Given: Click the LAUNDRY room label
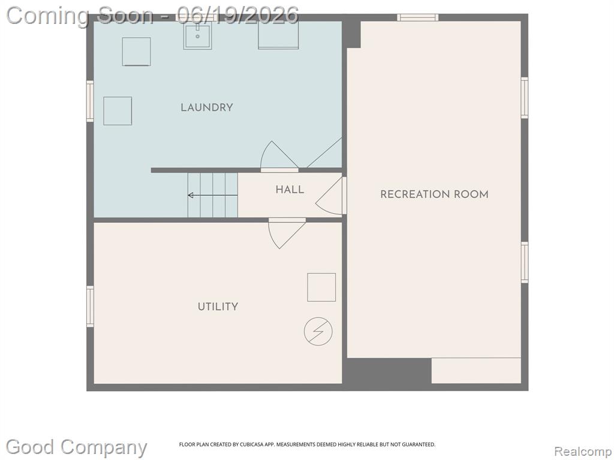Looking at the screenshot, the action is pos(207,108).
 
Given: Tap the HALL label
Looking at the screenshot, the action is pos(290,190).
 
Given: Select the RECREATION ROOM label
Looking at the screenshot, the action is pos(434,195).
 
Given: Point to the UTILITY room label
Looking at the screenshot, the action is pos(218,307).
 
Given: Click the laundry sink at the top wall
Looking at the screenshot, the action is pos(198,35).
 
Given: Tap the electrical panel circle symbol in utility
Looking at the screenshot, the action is pos(318,331).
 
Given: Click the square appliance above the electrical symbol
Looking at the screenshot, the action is pos(321,287).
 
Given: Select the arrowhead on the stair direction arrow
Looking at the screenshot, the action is pos(191,195).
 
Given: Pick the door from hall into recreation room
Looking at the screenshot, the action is pos(331,196).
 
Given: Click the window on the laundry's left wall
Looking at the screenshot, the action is pos(90,101).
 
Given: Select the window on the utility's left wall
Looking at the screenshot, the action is pos(90,306).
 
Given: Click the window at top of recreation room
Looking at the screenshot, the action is pos(418,17).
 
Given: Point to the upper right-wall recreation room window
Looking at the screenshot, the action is pos(524,98).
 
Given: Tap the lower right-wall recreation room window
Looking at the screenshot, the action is pos(524,262).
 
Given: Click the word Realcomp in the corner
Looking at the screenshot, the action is pos(583,452).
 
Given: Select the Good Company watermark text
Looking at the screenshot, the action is pos(76,447).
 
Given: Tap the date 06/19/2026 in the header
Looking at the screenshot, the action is pos(237,16).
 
